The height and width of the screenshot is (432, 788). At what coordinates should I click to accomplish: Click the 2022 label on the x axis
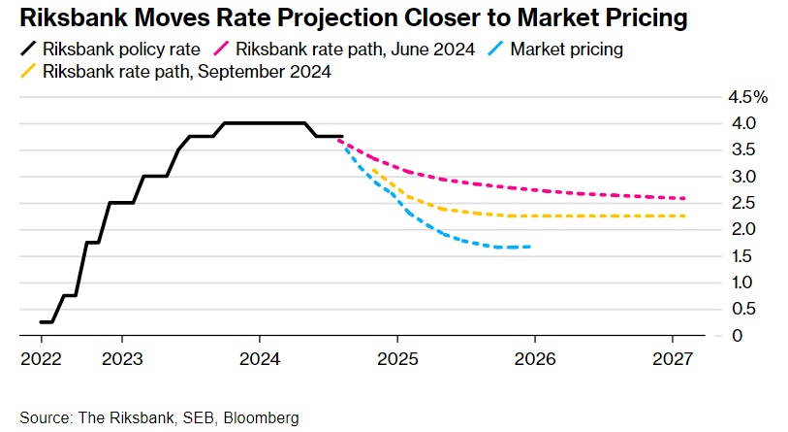coord(41,359)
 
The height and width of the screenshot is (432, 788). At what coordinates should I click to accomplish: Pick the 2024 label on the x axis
coord(260,359)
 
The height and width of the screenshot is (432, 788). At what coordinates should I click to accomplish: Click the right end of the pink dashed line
coord(685,198)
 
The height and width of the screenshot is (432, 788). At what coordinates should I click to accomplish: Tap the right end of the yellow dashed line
coord(685,216)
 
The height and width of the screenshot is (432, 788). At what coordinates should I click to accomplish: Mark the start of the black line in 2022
coord(42,321)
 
